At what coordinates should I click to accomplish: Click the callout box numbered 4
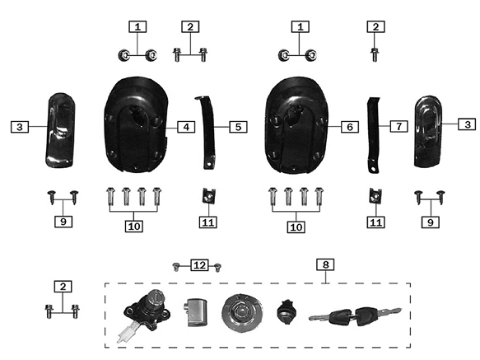186,127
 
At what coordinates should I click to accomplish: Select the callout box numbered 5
239,127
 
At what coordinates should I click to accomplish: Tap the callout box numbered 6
350,127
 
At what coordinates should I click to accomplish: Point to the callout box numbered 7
398,126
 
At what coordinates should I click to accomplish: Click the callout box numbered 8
325,264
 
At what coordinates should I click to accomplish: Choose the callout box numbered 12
199,265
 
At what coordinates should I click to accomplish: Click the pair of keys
355,316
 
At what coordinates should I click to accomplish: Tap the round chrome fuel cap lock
242,313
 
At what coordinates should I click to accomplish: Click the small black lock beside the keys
287,312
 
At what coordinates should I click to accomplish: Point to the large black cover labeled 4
137,124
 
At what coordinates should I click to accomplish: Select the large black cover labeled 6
296,124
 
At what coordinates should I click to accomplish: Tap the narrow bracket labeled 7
374,135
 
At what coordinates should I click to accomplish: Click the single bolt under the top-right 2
375,55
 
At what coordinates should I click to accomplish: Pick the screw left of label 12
175,267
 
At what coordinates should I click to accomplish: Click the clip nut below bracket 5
208,196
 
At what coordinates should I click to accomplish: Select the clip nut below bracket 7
375,196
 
